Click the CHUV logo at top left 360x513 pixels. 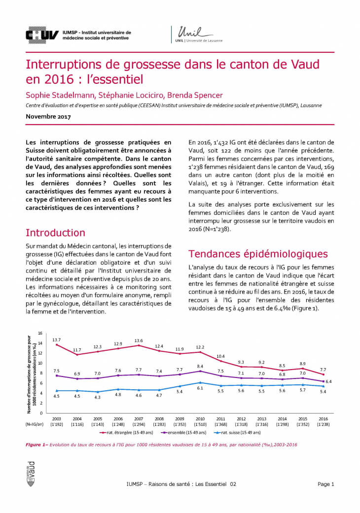click(42, 34)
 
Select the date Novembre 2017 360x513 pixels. click(48, 117)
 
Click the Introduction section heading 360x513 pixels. click(55, 233)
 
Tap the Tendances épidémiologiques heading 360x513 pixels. click(258, 254)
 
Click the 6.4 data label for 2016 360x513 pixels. click(328, 381)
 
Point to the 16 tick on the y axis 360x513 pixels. click(40, 333)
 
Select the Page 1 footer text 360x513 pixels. click(325, 484)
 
